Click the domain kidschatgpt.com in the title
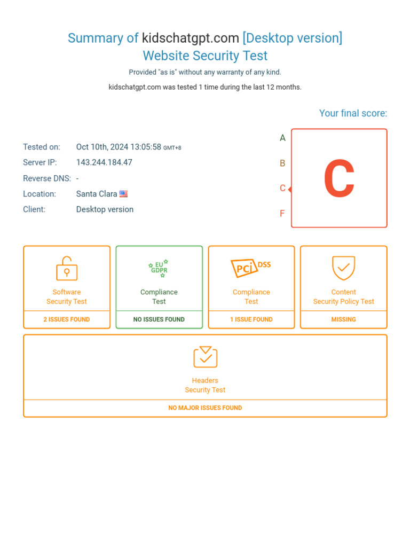pos(190,38)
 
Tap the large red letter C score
pos(339,178)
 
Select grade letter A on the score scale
pos(283,138)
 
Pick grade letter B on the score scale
pos(283,163)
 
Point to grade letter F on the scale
pos(282,214)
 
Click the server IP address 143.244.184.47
pos(104,162)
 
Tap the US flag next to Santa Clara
pos(123,194)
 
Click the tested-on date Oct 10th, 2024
pos(119,147)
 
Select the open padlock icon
pos(67,269)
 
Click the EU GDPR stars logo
pos(159,268)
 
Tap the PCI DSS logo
pos(251,267)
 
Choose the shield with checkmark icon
pos(343,268)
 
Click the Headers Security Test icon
pos(205,357)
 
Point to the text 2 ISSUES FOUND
pos(67,319)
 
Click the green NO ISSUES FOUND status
pos(159,319)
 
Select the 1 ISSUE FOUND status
pos(251,319)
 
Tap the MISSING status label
pos(343,319)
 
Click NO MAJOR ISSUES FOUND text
pos(205,408)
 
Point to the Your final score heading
pos(353,113)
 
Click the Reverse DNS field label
pos(47,178)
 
